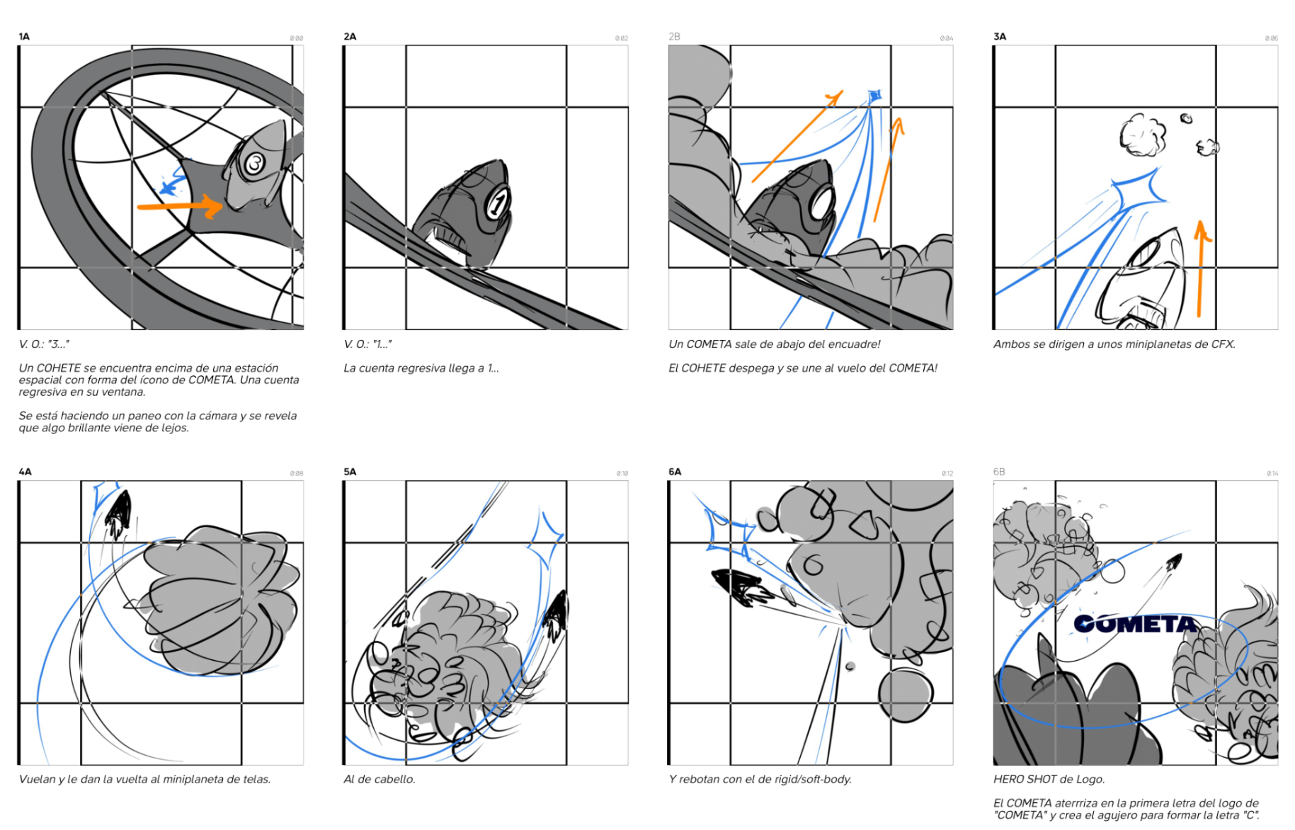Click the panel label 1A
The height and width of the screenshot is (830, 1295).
[x=24, y=37]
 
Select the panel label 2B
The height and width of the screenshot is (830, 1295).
[x=674, y=37]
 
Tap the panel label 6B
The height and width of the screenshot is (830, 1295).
[x=999, y=472]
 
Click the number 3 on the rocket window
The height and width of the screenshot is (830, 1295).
[x=254, y=164]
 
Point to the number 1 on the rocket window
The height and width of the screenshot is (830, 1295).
[x=498, y=204]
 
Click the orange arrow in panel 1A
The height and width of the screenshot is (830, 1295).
[x=180, y=207]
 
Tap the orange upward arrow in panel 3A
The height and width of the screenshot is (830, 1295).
[x=1200, y=269]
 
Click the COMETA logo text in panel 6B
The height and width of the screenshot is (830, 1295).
[x=1134, y=624]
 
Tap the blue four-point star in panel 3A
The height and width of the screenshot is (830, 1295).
[x=1138, y=187]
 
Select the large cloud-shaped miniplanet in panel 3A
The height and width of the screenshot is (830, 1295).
[x=1141, y=135]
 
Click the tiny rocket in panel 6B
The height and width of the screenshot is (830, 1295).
[x=1173, y=563]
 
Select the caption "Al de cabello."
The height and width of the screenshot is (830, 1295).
[x=379, y=780]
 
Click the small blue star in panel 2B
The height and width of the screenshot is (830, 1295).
[x=874, y=96]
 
